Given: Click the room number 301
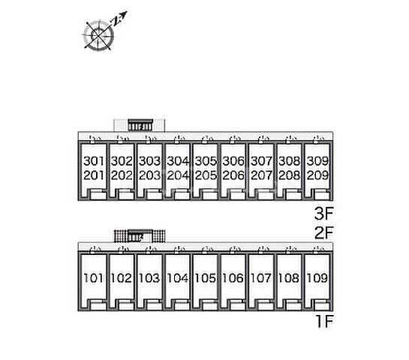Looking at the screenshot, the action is (x=94, y=161).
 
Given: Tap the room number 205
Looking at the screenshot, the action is (x=206, y=175).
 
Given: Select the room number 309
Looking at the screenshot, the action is (x=317, y=161).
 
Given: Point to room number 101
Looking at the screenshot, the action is (x=94, y=278).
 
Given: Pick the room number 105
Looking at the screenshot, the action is (x=206, y=278).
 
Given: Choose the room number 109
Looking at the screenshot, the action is (x=317, y=278).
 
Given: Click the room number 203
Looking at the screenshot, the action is (x=150, y=175).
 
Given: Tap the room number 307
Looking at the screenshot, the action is (x=262, y=161).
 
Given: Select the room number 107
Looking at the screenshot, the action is (x=262, y=278).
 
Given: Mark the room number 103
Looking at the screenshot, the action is (x=150, y=278).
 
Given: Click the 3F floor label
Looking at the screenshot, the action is (x=324, y=214).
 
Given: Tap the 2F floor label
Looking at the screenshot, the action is (x=324, y=232).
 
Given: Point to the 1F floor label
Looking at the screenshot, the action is (x=325, y=321).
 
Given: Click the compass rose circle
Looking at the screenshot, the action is (x=98, y=36).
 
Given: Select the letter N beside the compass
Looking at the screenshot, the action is (x=116, y=22).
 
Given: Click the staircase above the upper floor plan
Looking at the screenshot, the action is (x=140, y=124).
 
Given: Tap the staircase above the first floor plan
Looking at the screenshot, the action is (x=140, y=235).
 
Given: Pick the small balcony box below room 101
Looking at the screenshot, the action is (x=98, y=304).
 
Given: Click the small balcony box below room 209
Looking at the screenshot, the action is (x=322, y=194).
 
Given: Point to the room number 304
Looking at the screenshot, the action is (x=178, y=161).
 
